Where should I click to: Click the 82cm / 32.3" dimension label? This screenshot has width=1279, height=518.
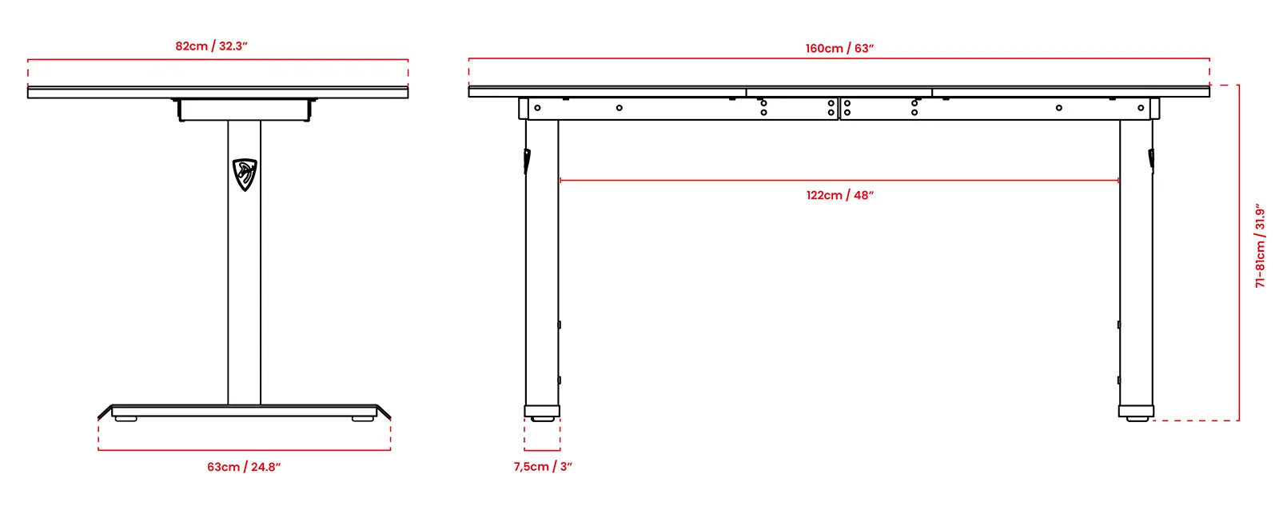(211, 46)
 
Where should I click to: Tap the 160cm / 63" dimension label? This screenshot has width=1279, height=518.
(839, 49)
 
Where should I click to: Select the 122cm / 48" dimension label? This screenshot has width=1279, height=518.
(840, 195)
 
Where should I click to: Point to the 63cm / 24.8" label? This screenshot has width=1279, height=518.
(244, 467)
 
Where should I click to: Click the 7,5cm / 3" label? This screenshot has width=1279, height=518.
(543, 467)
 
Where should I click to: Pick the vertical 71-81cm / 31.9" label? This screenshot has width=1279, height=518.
(1260, 245)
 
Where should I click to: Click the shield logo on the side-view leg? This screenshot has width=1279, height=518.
(245, 175)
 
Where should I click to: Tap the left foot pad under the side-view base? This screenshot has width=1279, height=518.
(126, 419)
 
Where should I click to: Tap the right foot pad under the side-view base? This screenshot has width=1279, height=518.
(363, 419)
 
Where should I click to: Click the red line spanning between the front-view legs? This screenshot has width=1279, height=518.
(839, 181)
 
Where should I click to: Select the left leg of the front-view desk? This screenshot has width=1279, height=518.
(542, 263)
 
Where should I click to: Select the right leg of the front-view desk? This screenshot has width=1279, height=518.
(1136, 263)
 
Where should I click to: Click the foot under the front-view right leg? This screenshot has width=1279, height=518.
(1136, 413)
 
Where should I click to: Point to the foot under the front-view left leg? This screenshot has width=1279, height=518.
(543, 413)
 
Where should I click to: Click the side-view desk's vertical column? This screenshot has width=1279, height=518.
(245, 263)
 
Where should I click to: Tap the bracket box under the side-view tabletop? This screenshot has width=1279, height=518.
(245, 110)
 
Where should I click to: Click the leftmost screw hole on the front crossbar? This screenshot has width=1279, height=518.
(537, 108)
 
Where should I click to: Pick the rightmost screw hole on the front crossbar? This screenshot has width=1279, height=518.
(1141, 108)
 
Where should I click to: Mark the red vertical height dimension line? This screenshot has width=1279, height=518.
(1239, 253)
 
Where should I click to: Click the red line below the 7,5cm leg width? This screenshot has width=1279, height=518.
(543, 450)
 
